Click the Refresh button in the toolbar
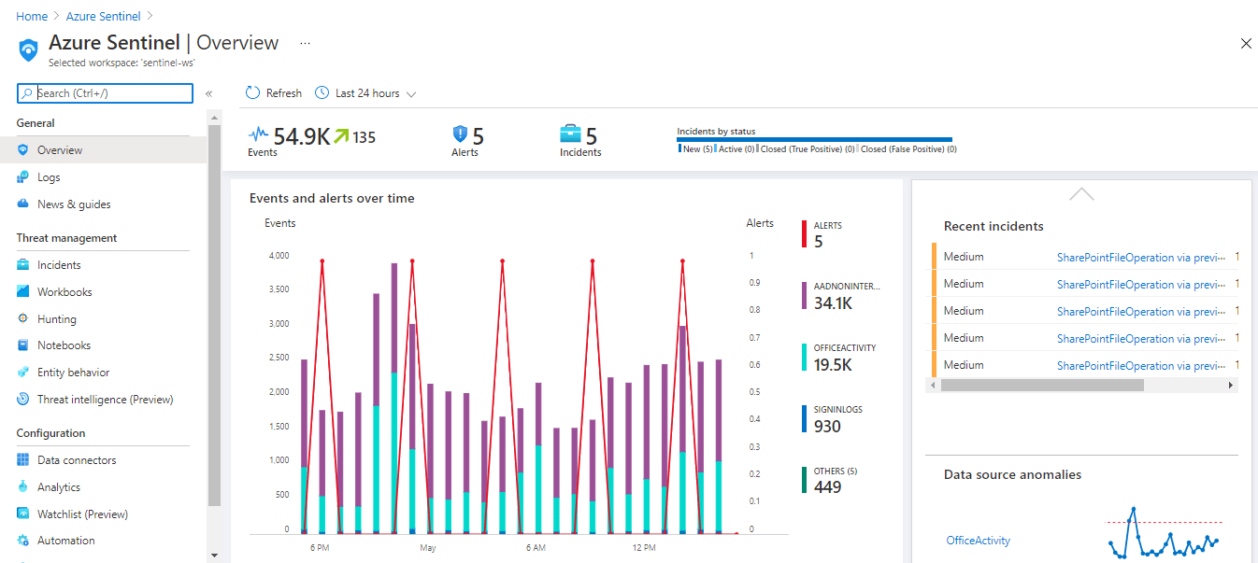[x=274, y=93]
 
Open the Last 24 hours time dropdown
[x=365, y=93]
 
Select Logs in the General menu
[x=49, y=177]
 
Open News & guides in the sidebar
[x=73, y=204]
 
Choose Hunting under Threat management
[x=56, y=319]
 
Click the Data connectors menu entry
[x=77, y=460]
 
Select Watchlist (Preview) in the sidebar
[x=82, y=514]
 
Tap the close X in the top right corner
[x=1245, y=44]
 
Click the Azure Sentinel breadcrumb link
[x=103, y=17]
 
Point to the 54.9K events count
[x=301, y=137]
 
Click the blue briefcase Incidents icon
[x=570, y=134]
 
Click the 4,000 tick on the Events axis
[x=279, y=256]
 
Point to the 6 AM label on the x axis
[x=536, y=547]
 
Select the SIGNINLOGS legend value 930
[x=827, y=427]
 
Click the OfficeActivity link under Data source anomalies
[x=978, y=541]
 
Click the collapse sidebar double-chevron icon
[x=209, y=93]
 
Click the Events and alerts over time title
[x=332, y=199]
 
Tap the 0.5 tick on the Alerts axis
[x=755, y=392]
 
